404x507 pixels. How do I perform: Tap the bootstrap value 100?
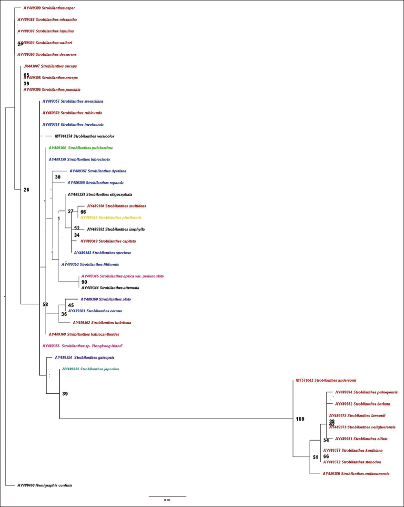pos(300,419)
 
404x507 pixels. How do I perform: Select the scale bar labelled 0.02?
pos(167,497)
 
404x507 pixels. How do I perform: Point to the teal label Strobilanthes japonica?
pos(91,369)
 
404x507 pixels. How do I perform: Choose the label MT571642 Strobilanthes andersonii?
pos(326,380)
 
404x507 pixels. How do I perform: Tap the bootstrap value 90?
pos(84,282)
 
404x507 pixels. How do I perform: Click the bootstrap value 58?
pos(46,304)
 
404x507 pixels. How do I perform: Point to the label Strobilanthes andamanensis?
pos(356,474)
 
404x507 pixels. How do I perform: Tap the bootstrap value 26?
pos(26,190)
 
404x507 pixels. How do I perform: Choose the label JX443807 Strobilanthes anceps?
pos(50,66)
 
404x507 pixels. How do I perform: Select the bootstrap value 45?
pos(71,305)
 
